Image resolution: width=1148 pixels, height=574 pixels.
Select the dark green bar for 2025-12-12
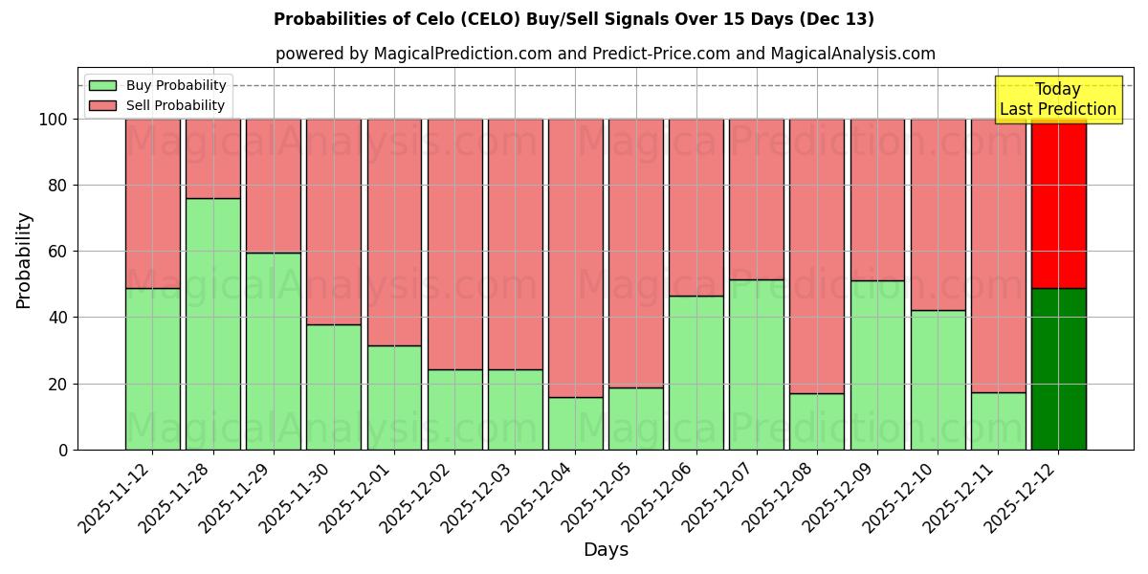coord(1058,368)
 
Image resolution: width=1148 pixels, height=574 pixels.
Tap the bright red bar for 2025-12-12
coord(1058,203)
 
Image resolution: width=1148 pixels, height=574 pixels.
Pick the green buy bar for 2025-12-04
coord(575,423)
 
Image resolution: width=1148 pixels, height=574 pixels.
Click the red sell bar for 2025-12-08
coord(817,255)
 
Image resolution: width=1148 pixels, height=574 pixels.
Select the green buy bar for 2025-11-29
coord(273,350)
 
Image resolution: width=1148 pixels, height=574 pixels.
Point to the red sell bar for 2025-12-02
coord(454,244)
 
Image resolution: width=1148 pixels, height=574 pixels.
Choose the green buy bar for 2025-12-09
coord(877,364)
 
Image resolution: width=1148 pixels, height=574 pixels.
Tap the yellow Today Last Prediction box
coord(1057,99)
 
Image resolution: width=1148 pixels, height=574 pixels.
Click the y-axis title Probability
coord(24,260)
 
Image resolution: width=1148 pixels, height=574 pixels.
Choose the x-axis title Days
coord(606,550)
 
